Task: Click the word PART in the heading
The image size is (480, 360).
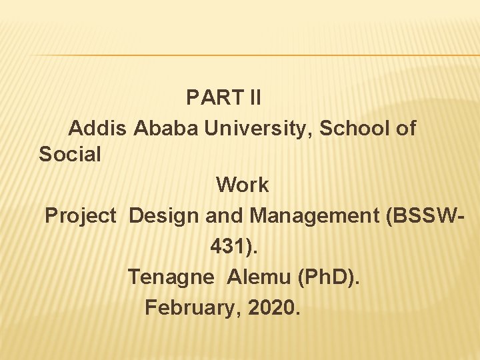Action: [x=207, y=98]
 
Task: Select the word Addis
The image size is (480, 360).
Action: [x=97, y=128]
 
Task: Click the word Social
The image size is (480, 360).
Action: [x=70, y=155]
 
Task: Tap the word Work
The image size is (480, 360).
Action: [x=243, y=185]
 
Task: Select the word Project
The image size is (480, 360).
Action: [x=81, y=216]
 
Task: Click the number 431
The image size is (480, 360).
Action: [x=231, y=246]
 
